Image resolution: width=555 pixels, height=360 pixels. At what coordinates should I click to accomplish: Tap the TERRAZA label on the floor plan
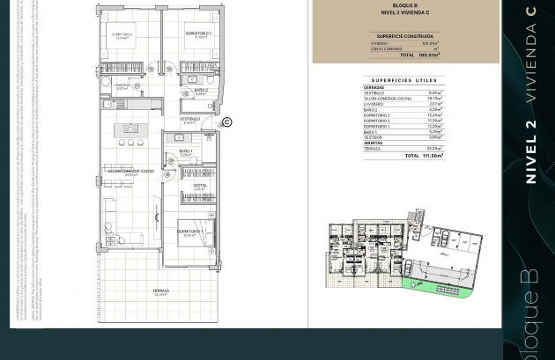(160, 291)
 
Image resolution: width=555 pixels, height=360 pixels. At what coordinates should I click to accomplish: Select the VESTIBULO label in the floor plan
(190, 119)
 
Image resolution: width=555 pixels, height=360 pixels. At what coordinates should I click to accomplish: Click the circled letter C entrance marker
(226, 122)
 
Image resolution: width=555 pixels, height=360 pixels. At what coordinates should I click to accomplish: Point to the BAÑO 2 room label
(200, 90)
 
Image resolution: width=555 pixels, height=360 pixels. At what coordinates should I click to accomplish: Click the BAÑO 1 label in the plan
(186, 151)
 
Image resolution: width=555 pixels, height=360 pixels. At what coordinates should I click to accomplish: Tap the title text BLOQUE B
(404, 5)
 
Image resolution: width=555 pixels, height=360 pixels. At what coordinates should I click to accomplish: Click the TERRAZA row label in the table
(373, 148)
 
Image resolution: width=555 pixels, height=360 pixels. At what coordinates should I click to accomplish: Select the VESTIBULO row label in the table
(374, 92)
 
